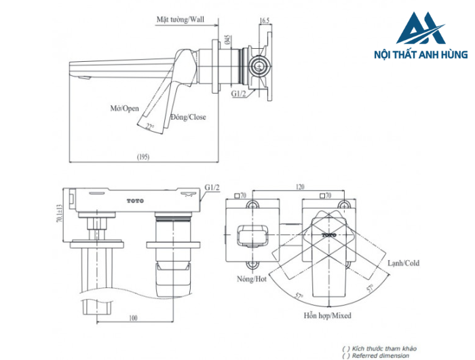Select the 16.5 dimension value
tap(265, 21)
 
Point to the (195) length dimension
tap(143, 157)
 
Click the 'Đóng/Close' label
tap(188, 117)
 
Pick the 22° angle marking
tap(151, 126)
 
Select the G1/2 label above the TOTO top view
tap(213, 188)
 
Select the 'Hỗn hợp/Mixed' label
tap(327, 316)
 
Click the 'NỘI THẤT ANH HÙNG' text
tap(421, 54)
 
